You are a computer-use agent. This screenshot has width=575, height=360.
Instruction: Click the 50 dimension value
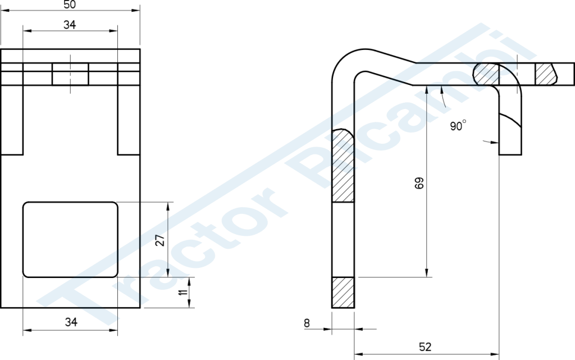coord(70,4)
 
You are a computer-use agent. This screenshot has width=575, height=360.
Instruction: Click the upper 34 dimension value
coord(70,25)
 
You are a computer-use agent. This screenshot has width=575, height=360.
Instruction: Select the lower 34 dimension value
coord(71,322)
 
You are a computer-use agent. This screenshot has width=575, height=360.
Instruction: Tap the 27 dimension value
coord(161,240)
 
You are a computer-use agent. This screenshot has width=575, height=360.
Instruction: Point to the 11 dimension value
coord(184,292)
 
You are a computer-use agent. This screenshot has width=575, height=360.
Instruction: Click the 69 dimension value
coord(419,183)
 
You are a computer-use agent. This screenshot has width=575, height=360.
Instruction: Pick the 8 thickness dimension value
coord(307,323)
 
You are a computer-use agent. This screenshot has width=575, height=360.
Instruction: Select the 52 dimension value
coord(425,347)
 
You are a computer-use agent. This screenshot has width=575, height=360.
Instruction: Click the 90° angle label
coord(458,125)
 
